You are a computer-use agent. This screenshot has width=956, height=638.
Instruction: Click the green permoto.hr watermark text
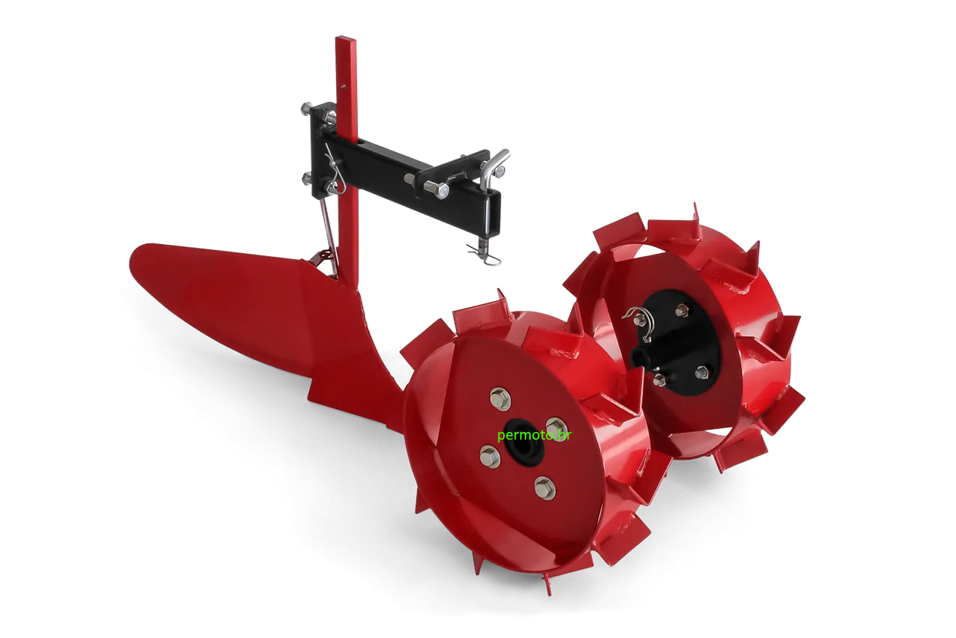pos(534,435)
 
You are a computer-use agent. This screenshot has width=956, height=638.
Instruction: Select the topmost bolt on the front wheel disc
pos(500,398)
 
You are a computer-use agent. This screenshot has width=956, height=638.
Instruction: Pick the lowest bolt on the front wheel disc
pos(545,487)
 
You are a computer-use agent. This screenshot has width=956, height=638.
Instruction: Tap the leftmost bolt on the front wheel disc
pos(490,456)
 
